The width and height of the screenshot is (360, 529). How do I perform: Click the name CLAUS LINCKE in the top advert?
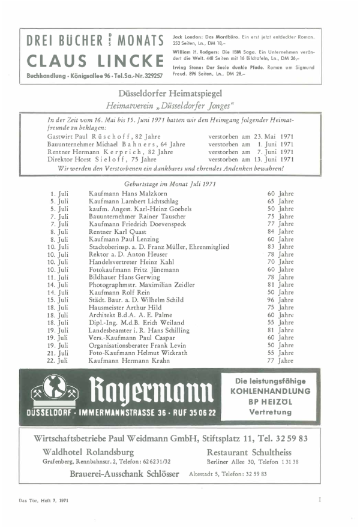95,61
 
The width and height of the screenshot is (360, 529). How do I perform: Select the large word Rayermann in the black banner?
150,390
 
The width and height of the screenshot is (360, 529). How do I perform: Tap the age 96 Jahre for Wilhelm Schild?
280,299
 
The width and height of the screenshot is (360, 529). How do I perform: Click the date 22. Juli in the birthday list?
59,360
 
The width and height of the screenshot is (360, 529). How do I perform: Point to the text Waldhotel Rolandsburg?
88,451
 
